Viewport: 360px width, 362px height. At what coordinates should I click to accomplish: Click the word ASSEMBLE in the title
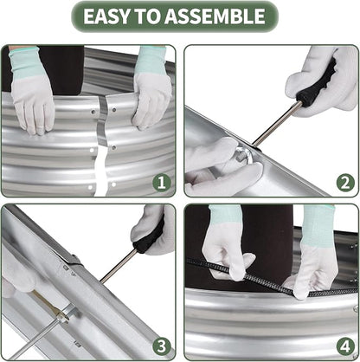[x=215, y=16]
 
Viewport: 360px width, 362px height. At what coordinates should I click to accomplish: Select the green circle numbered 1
[x=162, y=183]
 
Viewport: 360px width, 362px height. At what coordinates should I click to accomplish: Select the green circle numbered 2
[x=345, y=183]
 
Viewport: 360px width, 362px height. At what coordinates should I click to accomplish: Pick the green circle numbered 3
[x=162, y=346]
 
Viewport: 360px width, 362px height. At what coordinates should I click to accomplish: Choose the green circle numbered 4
[x=345, y=346]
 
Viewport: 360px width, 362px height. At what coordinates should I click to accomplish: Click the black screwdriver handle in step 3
[x=150, y=236]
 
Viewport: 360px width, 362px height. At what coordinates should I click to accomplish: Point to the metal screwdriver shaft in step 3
[x=119, y=266]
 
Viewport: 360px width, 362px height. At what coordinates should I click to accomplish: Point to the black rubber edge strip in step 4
[x=271, y=278]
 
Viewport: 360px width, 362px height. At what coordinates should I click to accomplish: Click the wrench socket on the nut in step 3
[x=67, y=315]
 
